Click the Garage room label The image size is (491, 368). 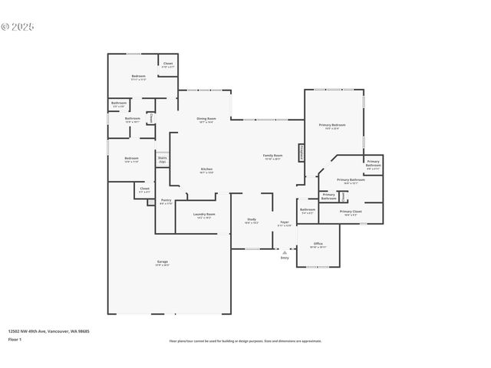coord(163,262)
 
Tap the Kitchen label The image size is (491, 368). coord(206,169)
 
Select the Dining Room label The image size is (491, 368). coord(206,119)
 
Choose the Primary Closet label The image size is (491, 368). coord(351,212)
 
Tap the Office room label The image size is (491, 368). coord(318,245)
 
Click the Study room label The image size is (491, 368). coord(252,221)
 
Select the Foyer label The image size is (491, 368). coord(284,223)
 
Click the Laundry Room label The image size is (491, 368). coord(204,215)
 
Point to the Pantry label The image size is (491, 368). coord(166,202)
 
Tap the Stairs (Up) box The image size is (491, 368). coord(163,160)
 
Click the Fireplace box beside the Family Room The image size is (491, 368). coord(302,153)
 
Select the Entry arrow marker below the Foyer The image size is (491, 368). coord(285,251)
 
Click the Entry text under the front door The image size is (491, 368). coord(285,258)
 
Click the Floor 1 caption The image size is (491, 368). coord(15,338)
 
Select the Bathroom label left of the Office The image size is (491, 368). coord(308,210)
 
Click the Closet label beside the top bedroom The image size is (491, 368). coord(168,65)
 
